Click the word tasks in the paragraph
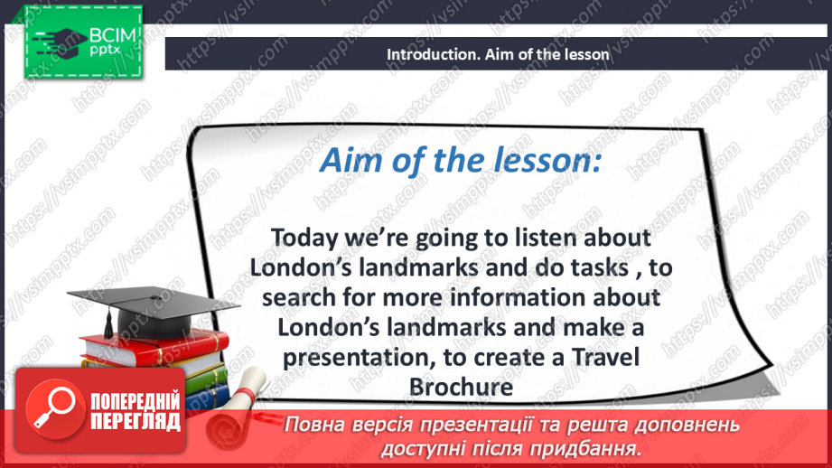pyautogui.click(x=600, y=268)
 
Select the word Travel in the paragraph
pyautogui.click(x=605, y=357)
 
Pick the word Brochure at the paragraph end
pyautogui.click(x=461, y=387)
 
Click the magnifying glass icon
pyautogui.click(x=54, y=408)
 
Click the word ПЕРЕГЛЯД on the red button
pyautogui.click(x=136, y=422)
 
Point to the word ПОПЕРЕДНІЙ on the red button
pyautogui.click(x=136, y=402)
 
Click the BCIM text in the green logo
pyautogui.click(x=113, y=35)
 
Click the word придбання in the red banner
pyautogui.click(x=585, y=449)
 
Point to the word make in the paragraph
pyautogui.click(x=591, y=327)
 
